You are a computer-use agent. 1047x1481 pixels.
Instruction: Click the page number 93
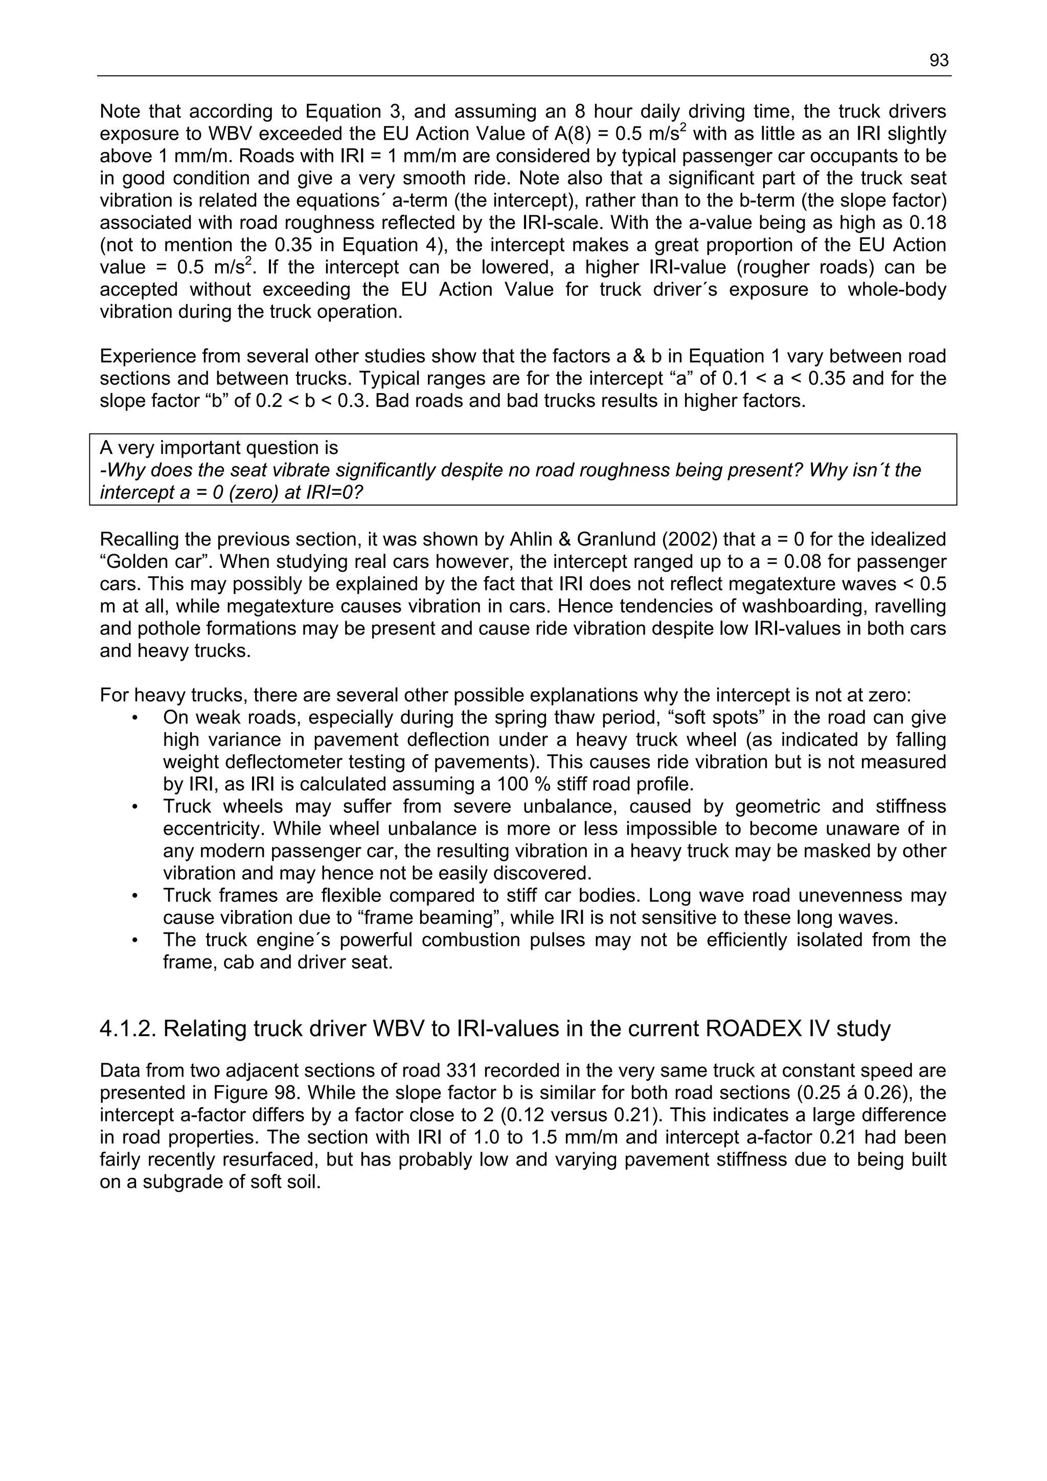click(939, 61)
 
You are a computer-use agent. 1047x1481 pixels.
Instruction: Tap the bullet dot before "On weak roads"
click(135, 718)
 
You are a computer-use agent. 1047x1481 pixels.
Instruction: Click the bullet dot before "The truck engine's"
click(135, 940)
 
